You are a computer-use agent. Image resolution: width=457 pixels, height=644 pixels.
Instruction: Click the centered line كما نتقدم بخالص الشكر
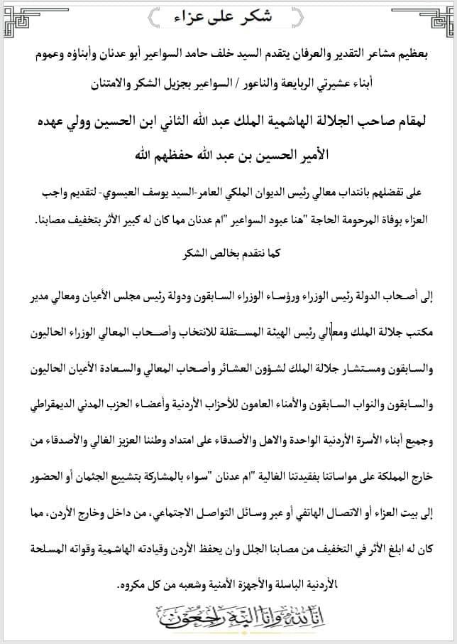pos(228,251)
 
